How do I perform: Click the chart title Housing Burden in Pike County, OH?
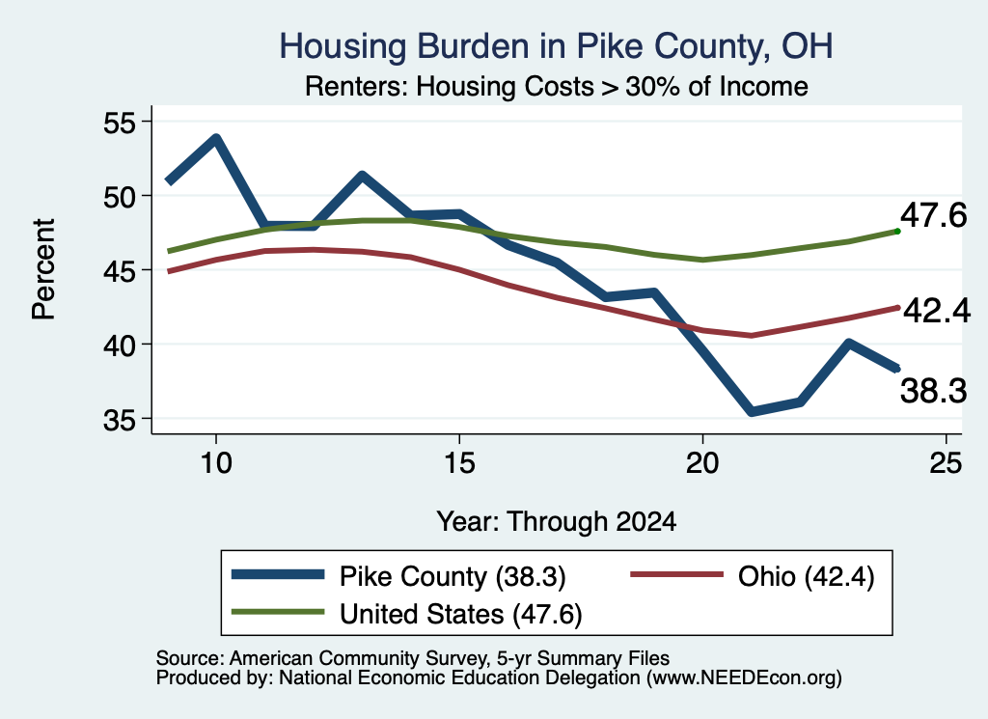(556, 46)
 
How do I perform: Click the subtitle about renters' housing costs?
(557, 86)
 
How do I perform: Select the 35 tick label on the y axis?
(120, 420)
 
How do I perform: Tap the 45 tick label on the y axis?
(120, 271)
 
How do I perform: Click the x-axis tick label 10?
(216, 463)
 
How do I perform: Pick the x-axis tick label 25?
(946, 463)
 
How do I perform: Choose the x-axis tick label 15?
(459, 463)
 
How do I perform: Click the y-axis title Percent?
(43, 269)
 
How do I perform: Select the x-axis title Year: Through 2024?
(557, 522)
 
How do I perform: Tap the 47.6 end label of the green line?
(933, 215)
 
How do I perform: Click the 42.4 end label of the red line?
(937, 311)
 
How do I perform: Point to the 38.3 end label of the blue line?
(933, 391)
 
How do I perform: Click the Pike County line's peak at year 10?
(216, 139)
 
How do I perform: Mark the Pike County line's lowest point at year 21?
(751, 411)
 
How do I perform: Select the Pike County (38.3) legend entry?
(398, 576)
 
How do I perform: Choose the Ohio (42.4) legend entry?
(753, 576)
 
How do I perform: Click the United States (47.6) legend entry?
(407, 614)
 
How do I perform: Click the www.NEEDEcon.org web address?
(744, 678)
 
